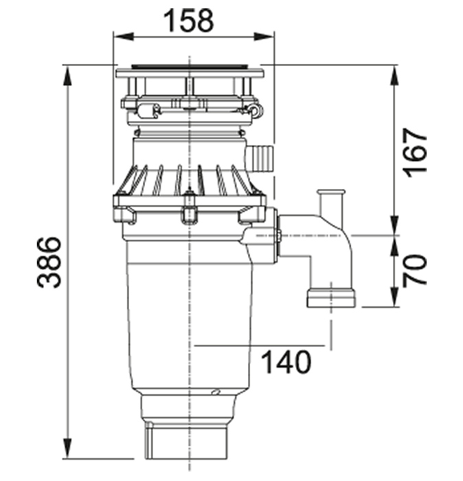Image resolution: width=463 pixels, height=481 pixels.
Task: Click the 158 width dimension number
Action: click(x=188, y=21)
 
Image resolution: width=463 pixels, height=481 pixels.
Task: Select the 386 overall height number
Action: click(x=49, y=262)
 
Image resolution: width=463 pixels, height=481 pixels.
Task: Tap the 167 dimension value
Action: click(x=416, y=153)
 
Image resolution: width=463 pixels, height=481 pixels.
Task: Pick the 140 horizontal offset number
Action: click(x=286, y=362)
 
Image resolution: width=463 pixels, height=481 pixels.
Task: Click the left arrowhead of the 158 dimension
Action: click(x=124, y=37)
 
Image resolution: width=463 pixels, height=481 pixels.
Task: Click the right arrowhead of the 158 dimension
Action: click(x=264, y=37)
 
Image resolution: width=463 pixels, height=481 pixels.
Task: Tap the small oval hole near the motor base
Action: click(x=216, y=392)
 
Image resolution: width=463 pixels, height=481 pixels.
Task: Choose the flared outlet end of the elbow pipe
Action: click(x=331, y=298)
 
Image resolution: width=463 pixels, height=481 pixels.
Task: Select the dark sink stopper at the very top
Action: click(x=190, y=66)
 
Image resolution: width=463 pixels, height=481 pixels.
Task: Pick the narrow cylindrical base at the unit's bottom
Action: click(x=186, y=442)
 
